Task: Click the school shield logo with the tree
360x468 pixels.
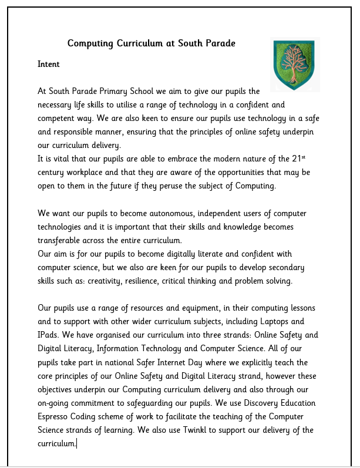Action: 294,65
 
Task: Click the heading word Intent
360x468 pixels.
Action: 49,63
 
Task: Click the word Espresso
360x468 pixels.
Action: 55,416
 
